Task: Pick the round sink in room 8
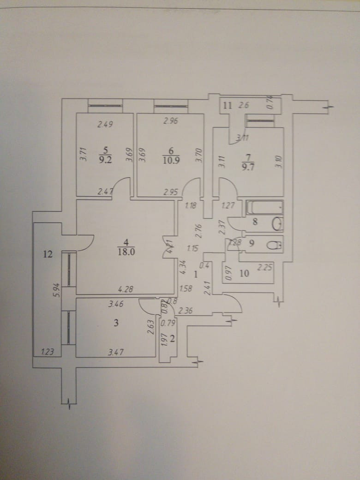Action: pos(277,224)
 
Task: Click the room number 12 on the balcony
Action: pos(48,253)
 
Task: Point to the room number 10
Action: pos(244,274)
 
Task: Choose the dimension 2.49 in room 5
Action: pos(105,123)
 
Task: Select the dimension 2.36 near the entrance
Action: pos(185,311)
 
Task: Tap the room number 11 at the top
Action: pos(227,105)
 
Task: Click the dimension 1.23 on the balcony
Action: pos(48,352)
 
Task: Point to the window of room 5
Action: pos(105,106)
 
